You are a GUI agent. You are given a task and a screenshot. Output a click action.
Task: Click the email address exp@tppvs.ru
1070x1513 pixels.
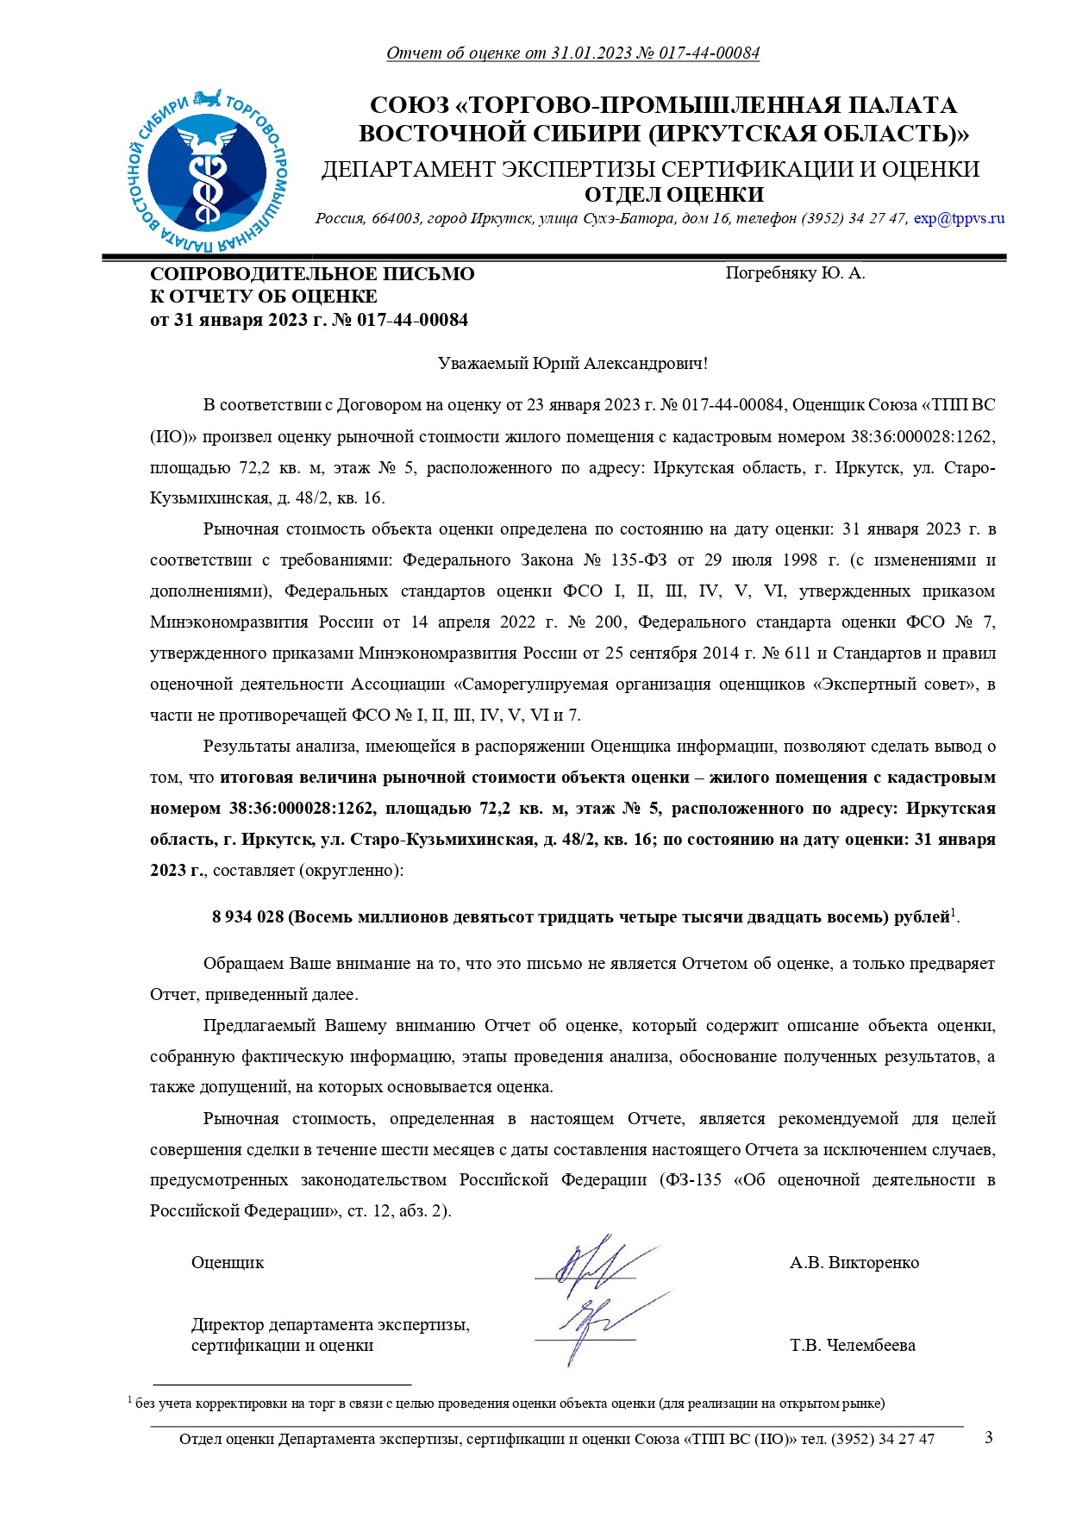(x=959, y=219)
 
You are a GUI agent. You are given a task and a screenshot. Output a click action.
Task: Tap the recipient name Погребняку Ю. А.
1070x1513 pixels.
(x=795, y=273)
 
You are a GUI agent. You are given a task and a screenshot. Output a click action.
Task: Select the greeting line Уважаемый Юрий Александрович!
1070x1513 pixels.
(x=573, y=363)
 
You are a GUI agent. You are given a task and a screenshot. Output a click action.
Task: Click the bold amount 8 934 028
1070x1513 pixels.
(x=248, y=917)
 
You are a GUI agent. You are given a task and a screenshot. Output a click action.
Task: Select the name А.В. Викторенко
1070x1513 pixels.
(x=854, y=1263)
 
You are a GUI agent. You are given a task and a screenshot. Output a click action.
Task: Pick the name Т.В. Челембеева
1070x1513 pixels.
(x=852, y=1346)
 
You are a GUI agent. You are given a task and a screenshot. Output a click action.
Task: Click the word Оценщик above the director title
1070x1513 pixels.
(x=228, y=1263)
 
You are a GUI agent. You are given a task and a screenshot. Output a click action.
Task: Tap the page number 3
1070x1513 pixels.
(x=988, y=1437)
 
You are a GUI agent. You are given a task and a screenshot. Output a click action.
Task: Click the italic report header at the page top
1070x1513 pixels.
(x=573, y=53)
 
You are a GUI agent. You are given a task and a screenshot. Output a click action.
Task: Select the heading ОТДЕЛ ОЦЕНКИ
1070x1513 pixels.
(x=673, y=195)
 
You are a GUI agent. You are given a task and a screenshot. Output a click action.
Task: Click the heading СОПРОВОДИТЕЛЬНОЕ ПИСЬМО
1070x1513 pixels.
(x=312, y=274)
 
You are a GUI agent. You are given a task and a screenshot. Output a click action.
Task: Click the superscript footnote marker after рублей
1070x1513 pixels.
(x=953, y=911)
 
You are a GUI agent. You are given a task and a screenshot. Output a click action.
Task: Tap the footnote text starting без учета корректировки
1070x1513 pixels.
(x=509, y=1404)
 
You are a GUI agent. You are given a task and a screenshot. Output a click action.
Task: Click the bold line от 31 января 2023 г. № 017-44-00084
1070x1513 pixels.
(x=309, y=321)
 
